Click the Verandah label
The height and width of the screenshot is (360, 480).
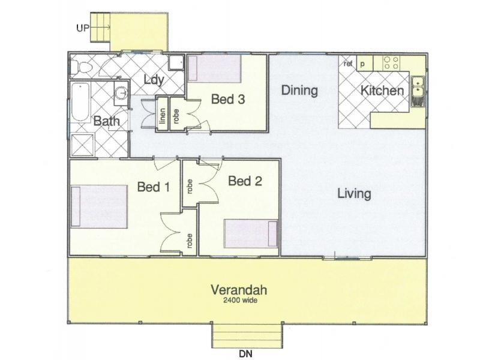pos(239,290)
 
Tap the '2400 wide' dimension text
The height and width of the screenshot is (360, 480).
pos(241,301)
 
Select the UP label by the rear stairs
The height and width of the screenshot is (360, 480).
pos(83,28)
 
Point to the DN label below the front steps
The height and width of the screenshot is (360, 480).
pos(245,354)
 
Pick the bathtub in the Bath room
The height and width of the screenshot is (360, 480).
pos(80,102)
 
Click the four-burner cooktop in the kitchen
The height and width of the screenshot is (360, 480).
pos(392,63)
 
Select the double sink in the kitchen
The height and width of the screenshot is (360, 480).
pos(418,87)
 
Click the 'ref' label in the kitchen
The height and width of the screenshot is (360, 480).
pos(348,64)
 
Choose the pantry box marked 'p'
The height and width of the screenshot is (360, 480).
pos(365,64)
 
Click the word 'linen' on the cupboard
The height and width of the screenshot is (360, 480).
pos(163,116)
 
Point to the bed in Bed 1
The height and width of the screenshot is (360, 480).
pos(99,206)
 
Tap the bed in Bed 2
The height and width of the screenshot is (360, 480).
pos(251,234)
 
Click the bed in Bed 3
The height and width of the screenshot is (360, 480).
pos(214,68)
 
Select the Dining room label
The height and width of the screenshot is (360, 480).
pos(299,91)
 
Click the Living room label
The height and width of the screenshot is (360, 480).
pos(354,193)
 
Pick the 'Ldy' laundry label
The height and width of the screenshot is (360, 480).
pos(154,80)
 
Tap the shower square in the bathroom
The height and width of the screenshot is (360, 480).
pos(82,145)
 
